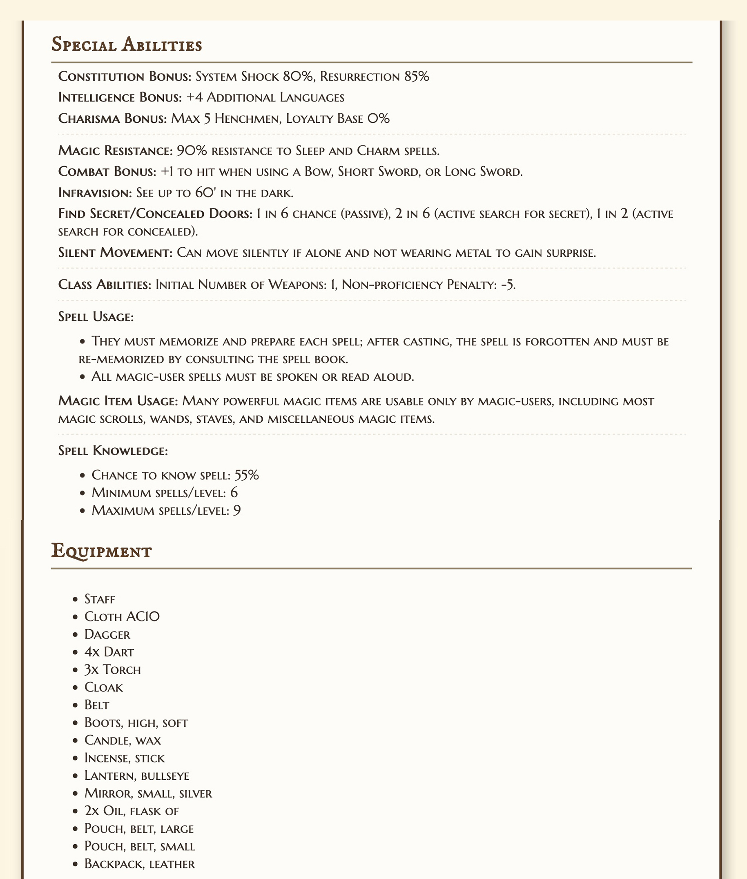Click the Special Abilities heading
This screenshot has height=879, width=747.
point(127,45)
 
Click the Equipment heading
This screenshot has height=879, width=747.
point(101,552)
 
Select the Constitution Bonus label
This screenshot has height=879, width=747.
point(125,76)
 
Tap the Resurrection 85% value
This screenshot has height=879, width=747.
point(375,76)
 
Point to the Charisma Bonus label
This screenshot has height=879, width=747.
point(113,118)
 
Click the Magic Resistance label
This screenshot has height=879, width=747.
point(115,150)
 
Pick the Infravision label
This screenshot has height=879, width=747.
point(95,193)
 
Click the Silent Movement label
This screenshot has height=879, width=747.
point(115,253)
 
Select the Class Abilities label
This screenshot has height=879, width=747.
point(105,285)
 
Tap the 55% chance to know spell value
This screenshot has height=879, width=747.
point(246,475)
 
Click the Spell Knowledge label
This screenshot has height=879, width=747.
point(113,451)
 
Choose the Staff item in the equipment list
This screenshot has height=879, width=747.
point(100,599)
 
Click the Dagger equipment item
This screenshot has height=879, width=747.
point(107,635)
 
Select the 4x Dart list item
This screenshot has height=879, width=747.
point(109,652)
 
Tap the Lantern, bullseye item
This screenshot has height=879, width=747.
point(137,776)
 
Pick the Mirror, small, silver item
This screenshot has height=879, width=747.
point(148,794)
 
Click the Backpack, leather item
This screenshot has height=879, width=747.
point(140,864)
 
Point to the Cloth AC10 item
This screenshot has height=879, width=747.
point(122,617)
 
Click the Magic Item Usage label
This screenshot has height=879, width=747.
point(118,401)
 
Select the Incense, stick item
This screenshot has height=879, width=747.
point(125,758)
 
